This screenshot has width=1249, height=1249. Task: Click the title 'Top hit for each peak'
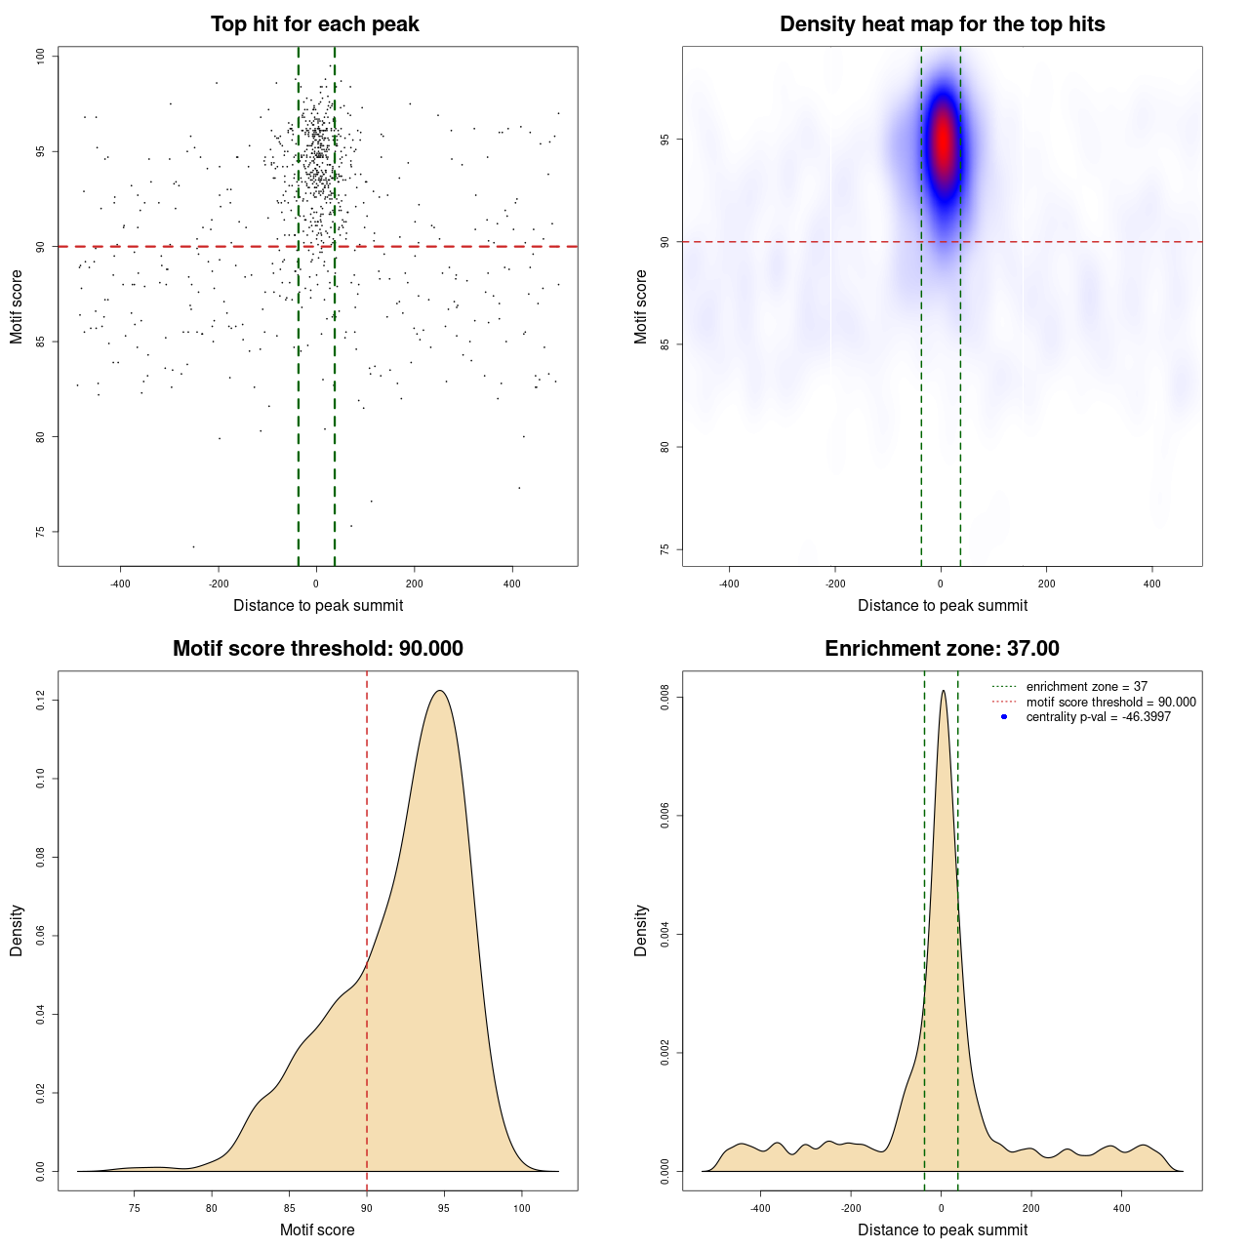point(315,24)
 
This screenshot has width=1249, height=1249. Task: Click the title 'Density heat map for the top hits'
point(942,24)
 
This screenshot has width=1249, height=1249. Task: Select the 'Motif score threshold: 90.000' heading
point(317,649)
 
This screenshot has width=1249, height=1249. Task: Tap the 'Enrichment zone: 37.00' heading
point(942,649)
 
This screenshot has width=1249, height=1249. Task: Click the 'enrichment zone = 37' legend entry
point(1086,687)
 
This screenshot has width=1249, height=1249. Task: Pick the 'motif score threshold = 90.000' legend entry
point(1110,703)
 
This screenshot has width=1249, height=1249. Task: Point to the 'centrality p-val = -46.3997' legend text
point(1098,717)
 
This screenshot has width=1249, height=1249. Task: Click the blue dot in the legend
point(1004,717)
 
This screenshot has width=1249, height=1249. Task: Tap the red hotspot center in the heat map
point(943,141)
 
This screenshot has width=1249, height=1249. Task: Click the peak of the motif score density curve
point(440,691)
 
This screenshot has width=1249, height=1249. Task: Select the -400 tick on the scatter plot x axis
point(120,584)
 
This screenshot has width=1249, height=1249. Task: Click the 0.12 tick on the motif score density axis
point(41,700)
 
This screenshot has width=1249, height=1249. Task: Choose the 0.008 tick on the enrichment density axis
point(665,698)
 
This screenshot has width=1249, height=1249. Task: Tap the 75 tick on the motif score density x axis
point(135,1208)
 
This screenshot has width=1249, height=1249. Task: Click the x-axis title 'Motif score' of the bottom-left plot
point(317,1230)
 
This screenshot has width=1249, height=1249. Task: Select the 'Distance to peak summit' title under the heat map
point(943,606)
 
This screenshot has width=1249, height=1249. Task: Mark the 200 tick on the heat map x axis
point(1046,584)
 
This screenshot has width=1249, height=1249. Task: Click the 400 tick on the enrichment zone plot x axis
point(1121,1208)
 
